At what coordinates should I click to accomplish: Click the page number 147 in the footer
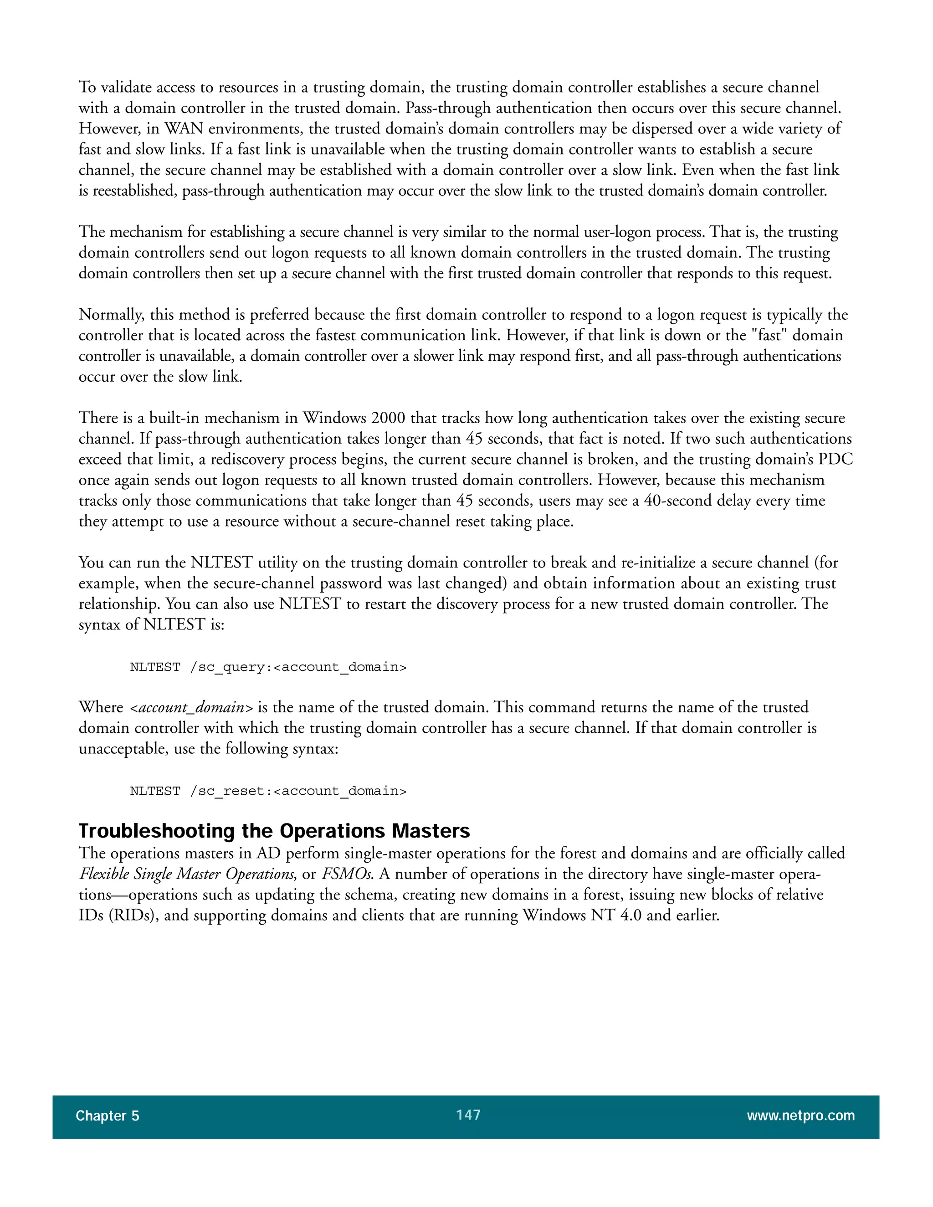click(x=468, y=1115)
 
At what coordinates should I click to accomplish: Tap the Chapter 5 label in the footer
click(x=107, y=1116)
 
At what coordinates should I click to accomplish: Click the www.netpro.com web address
click(x=800, y=1115)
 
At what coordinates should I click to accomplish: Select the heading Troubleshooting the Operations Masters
click(x=274, y=831)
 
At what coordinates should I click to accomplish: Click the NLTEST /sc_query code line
click(x=268, y=667)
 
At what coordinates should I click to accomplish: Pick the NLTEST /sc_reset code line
click(x=268, y=791)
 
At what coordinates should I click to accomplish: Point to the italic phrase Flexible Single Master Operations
click(x=187, y=874)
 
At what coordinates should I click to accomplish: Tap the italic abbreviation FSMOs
click(x=347, y=874)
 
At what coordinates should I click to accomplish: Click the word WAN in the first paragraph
click(x=184, y=129)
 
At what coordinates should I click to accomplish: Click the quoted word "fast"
click(x=769, y=336)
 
